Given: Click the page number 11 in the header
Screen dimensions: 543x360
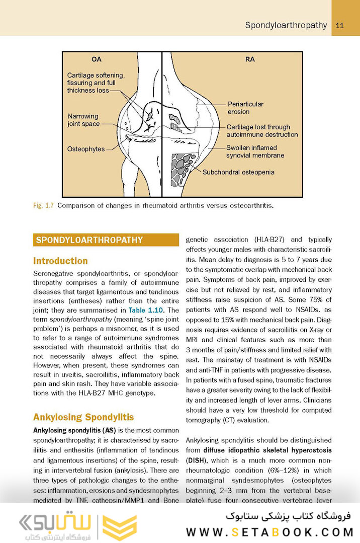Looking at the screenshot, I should click(339, 26).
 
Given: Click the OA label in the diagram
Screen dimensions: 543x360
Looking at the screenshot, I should click(97, 59).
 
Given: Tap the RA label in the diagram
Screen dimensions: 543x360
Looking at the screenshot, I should click(250, 59).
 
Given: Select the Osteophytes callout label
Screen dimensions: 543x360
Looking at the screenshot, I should click(85, 149).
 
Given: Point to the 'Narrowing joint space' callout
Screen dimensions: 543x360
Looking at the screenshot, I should click(83, 120).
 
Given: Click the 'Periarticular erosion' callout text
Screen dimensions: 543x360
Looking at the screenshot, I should click(245, 108).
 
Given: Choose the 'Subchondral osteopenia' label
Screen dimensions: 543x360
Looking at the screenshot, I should click(238, 172).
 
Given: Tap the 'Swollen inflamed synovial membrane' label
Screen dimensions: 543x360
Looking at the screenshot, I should click(255, 152).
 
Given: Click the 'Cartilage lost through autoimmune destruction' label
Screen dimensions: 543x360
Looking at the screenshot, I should click(261, 131).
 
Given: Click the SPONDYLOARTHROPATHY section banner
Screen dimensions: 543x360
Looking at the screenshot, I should click(106, 240).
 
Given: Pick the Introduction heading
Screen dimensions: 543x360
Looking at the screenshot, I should click(60, 261).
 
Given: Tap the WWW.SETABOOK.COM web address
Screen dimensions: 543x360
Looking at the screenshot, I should click(270, 532).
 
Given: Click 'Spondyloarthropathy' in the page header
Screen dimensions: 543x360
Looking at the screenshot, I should click(286, 26).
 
